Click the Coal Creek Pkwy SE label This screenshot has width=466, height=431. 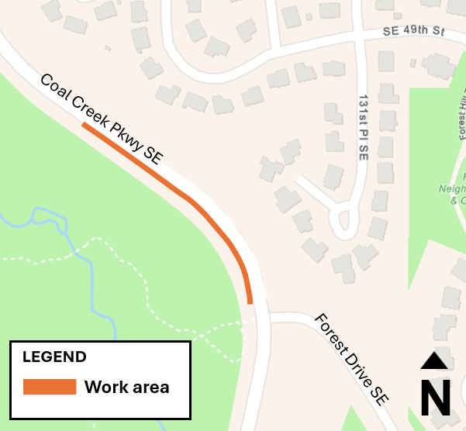pyautogui.click(x=102, y=119)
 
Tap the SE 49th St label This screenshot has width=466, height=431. pyautogui.click(x=416, y=33)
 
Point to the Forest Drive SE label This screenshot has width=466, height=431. pyautogui.click(x=351, y=358)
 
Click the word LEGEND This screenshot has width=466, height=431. pyautogui.click(x=54, y=357)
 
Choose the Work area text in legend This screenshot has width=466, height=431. pyautogui.click(x=126, y=387)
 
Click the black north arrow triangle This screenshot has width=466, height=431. pyautogui.click(x=434, y=360)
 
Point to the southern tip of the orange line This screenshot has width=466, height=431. pyautogui.click(x=250, y=302)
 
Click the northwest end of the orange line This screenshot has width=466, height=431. pyautogui.click(x=83, y=124)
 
